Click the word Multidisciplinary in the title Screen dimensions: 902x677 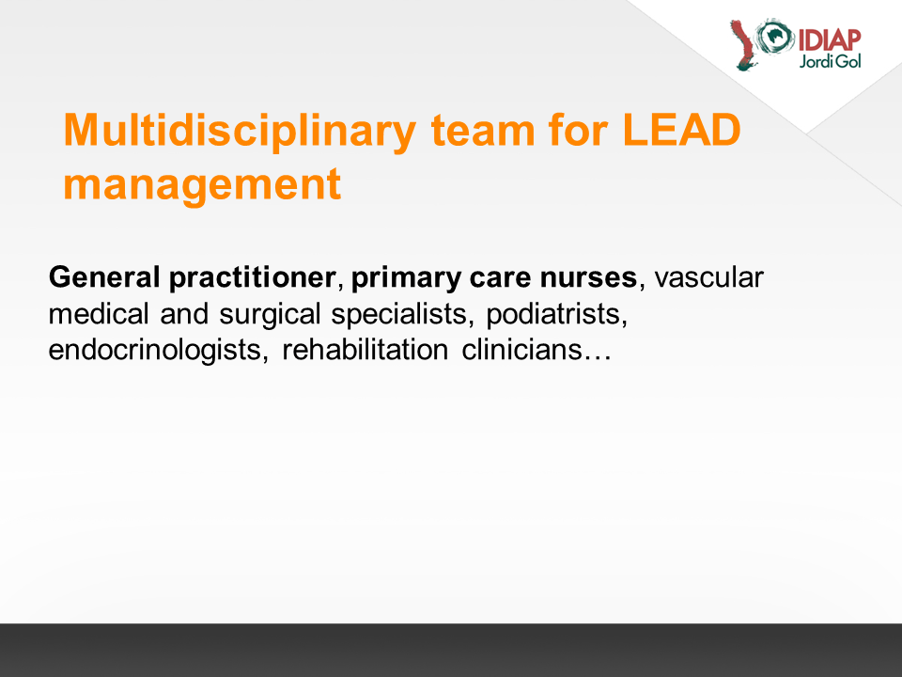point(240,132)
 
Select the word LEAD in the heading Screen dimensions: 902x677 point(682,130)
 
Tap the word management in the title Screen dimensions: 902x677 point(202,185)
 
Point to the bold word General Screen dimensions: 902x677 point(104,276)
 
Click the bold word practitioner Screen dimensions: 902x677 point(253,278)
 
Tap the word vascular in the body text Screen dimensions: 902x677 point(708,277)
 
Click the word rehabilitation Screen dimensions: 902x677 point(365,350)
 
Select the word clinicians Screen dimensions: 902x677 point(521,350)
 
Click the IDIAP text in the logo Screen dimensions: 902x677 point(829,40)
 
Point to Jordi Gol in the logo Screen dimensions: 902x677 point(830,61)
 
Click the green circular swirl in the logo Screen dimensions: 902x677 point(774,36)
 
